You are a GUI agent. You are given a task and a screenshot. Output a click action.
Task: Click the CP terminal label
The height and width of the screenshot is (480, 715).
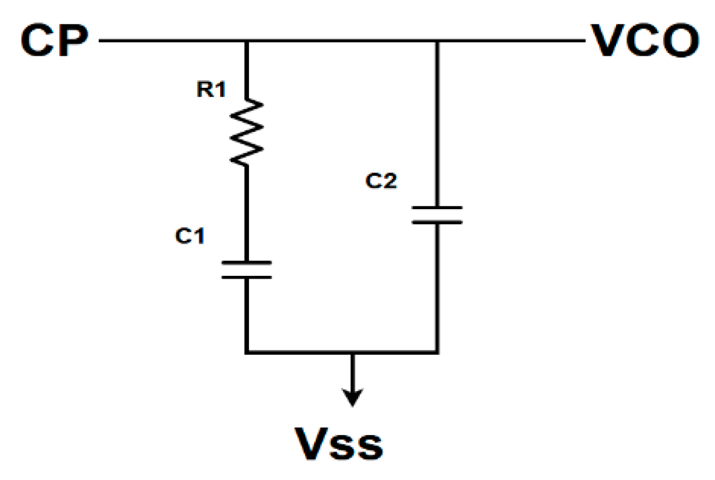click(54, 42)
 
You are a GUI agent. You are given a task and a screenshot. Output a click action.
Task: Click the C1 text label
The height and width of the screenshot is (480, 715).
click(190, 236)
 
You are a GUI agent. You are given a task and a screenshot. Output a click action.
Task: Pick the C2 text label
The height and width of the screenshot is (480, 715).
click(381, 181)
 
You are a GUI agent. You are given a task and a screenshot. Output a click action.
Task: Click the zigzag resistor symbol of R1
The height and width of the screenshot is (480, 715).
click(246, 132)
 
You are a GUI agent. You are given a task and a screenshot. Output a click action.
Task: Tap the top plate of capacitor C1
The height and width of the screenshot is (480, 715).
click(246, 262)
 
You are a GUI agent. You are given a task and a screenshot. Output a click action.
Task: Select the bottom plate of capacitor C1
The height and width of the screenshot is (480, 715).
click(246, 276)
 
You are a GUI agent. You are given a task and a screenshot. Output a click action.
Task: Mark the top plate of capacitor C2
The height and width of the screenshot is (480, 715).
click(437, 208)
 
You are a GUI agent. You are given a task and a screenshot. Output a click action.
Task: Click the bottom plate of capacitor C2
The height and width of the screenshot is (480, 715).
click(437, 222)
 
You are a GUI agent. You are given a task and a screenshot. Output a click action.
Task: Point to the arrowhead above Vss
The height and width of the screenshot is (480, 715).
click(352, 398)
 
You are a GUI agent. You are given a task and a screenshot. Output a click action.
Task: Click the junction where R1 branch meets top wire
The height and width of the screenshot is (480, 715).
click(246, 41)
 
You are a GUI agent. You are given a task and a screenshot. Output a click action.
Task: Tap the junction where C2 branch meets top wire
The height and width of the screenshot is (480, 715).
click(437, 41)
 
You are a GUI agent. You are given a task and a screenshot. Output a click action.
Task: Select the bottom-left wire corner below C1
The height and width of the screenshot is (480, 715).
click(246, 352)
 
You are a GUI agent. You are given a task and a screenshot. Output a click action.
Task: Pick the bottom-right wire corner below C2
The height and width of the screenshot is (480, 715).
click(437, 352)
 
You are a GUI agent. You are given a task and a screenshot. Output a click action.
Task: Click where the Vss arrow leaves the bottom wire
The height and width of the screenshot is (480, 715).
click(352, 353)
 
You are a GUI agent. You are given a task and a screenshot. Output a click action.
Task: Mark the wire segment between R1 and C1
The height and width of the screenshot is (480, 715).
click(246, 211)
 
